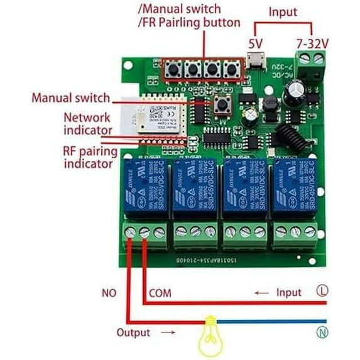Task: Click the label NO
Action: point(109,293)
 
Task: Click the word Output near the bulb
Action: point(133,332)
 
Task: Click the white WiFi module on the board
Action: point(151,116)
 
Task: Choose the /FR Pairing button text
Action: point(189,23)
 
